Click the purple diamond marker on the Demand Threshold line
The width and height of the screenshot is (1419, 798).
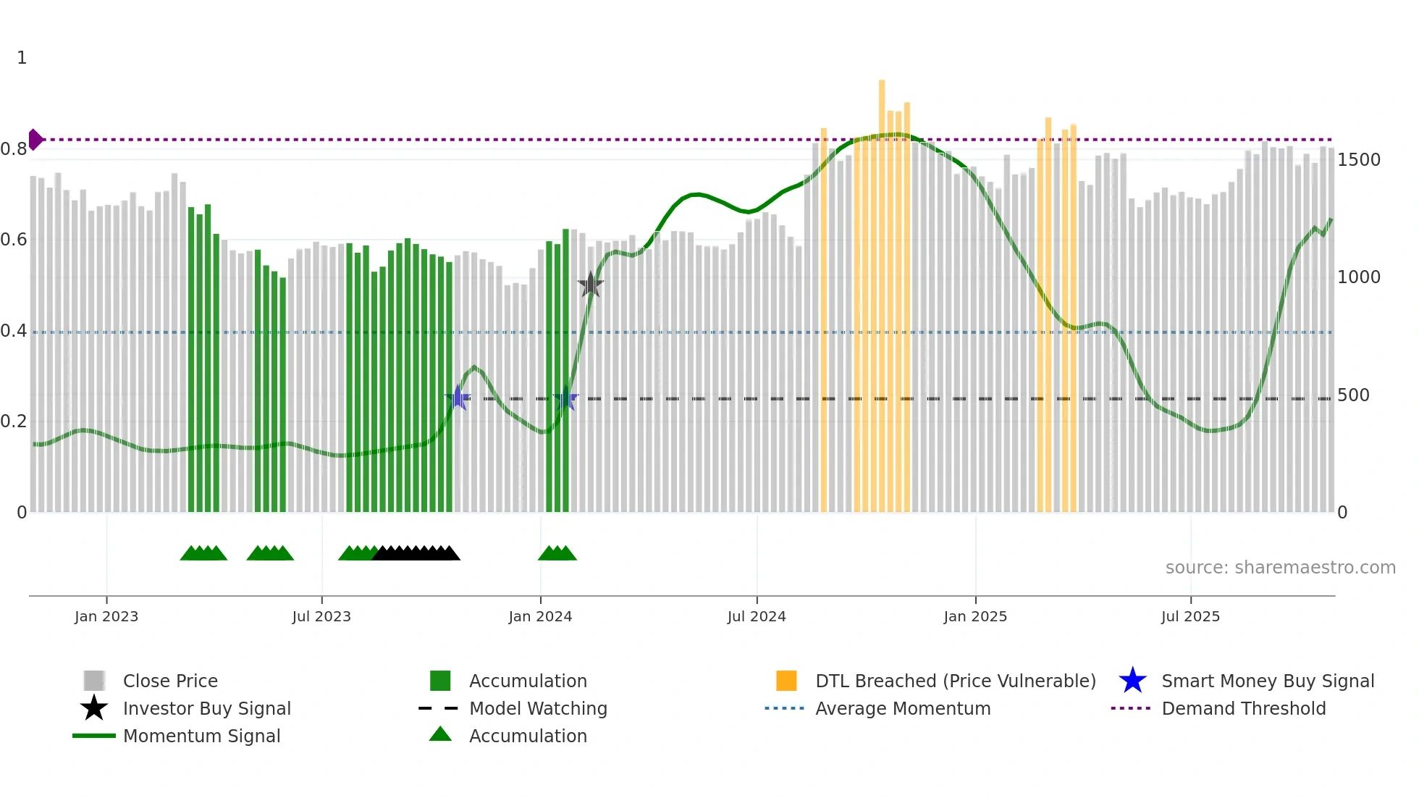click(35, 140)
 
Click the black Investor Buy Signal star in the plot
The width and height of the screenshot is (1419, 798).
click(591, 285)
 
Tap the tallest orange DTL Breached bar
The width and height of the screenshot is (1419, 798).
click(882, 290)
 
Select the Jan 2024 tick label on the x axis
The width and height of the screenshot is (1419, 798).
click(540, 616)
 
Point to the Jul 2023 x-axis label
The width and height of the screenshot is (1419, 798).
click(321, 616)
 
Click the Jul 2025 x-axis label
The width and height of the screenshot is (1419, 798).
click(1190, 616)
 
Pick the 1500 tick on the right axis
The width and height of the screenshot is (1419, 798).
click(1358, 160)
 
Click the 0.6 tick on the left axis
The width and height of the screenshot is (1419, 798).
click(14, 240)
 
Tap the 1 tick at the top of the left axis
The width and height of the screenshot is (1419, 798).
click(22, 58)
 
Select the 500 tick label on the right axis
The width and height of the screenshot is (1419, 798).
click(1353, 395)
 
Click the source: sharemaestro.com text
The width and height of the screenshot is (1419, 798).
click(1280, 568)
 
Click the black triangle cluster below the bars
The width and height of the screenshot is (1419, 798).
click(416, 553)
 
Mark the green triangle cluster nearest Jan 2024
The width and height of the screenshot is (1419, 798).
click(557, 553)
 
